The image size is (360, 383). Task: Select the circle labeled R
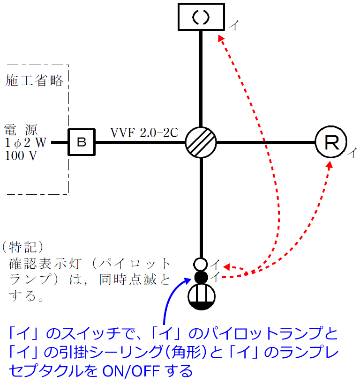(x=331, y=142)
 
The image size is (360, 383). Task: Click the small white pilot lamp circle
(x=201, y=265)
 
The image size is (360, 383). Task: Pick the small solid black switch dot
(x=201, y=277)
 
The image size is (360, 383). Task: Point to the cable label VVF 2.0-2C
(x=144, y=133)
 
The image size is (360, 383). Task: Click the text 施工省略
(x=34, y=81)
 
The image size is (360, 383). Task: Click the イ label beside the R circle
(x=352, y=152)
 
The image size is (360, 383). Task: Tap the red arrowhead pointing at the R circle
(x=330, y=165)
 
